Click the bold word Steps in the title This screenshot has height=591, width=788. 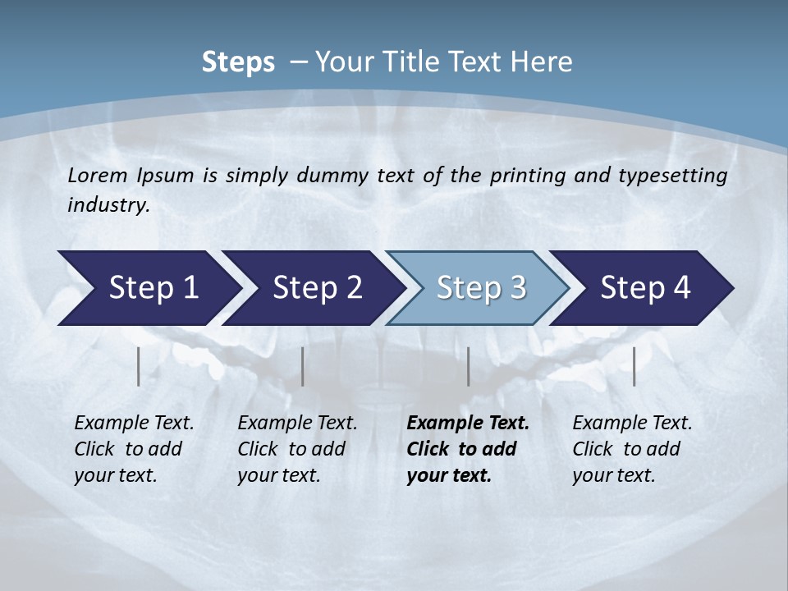pos(238,62)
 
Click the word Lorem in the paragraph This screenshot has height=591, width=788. pos(97,175)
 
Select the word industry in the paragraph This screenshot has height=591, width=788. pos(108,205)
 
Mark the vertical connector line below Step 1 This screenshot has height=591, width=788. pos(139,366)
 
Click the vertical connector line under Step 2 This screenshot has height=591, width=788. pos(303,366)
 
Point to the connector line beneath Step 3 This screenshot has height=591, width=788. pos(469,366)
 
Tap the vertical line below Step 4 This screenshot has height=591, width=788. pos(635,366)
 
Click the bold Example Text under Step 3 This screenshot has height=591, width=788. pos(468,424)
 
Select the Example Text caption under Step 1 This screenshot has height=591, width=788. pos(134,424)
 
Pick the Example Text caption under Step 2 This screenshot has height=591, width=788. pos(297,424)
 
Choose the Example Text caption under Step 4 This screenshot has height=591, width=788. pos(632,424)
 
